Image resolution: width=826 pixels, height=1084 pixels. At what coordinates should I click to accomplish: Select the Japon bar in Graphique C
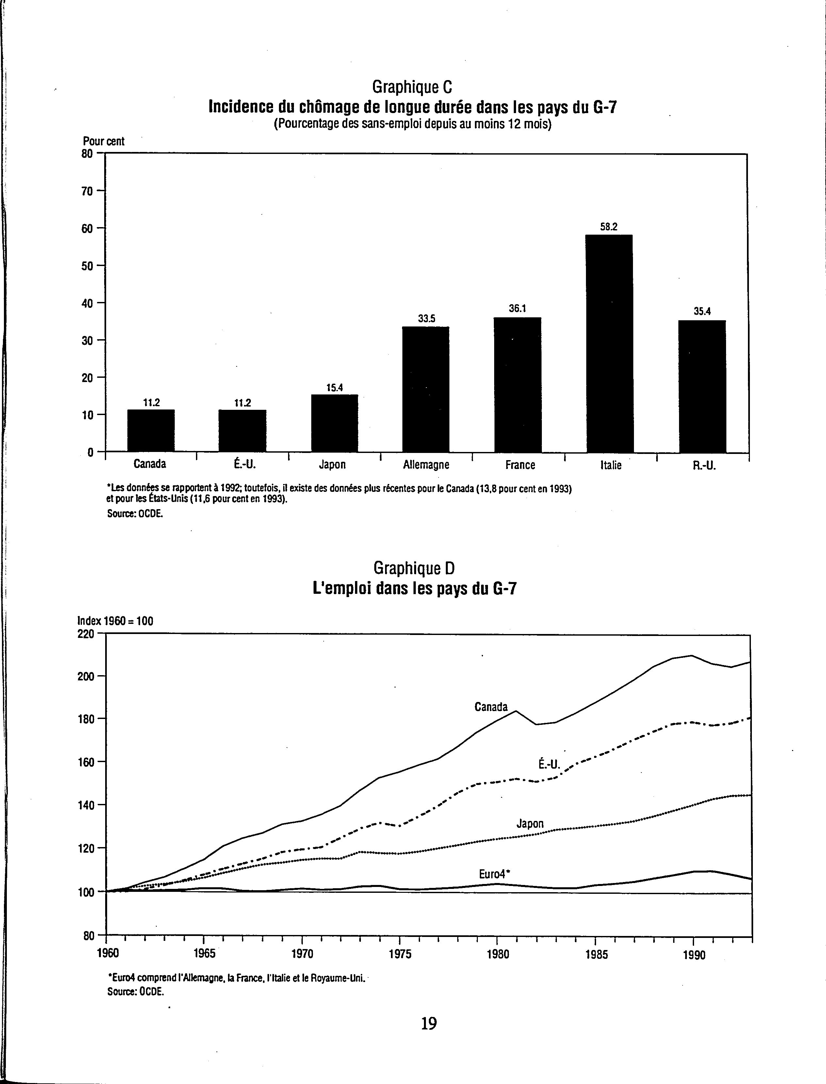(x=334, y=423)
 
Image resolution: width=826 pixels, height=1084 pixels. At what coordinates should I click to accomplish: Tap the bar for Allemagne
(x=426, y=389)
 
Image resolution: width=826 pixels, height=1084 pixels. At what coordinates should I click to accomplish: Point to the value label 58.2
(x=609, y=227)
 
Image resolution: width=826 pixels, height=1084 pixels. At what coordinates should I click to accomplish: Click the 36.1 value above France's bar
(x=518, y=309)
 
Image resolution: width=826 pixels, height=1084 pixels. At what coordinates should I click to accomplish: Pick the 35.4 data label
(x=702, y=311)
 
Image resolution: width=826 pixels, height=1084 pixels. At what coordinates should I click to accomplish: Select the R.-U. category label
(x=704, y=465)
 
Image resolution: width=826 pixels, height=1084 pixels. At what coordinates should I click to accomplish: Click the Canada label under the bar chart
(x=150, y=464)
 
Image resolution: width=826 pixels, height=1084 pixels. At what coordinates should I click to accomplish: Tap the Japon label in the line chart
(x=530, y=823)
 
